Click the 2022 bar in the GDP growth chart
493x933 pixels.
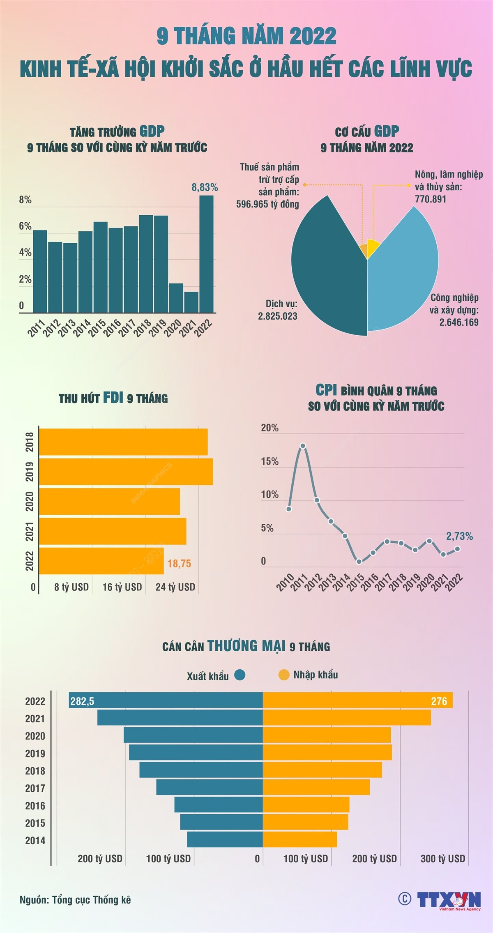tap(207, 255)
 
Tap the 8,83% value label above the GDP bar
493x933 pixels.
tap(205, 187)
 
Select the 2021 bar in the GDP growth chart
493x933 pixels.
tap(191, 302)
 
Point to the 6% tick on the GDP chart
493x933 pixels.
tap(25, 226)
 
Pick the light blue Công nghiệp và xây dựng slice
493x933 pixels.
tap(403, 271)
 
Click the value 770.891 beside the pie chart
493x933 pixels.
tap(431, 199)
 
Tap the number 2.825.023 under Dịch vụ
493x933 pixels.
tap(278, 316)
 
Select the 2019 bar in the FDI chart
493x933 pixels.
tap(126, 472)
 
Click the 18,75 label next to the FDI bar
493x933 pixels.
tap(179, 564)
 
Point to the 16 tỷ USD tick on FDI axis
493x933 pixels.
tap(122, 587)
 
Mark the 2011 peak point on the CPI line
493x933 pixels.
tap(303, 446)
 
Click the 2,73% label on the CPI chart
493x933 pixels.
tap(459, 536)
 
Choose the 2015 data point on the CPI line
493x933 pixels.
tap(359, 562)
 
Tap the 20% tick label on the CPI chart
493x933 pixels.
tap(270, 428)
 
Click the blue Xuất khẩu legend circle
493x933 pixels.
tap(240, 675)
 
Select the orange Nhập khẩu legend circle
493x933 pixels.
tap(284, 675)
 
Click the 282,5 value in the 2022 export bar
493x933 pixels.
tap(82, 701)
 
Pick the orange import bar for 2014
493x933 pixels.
tap(300, 839)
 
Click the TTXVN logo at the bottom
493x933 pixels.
tap(449, 899)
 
